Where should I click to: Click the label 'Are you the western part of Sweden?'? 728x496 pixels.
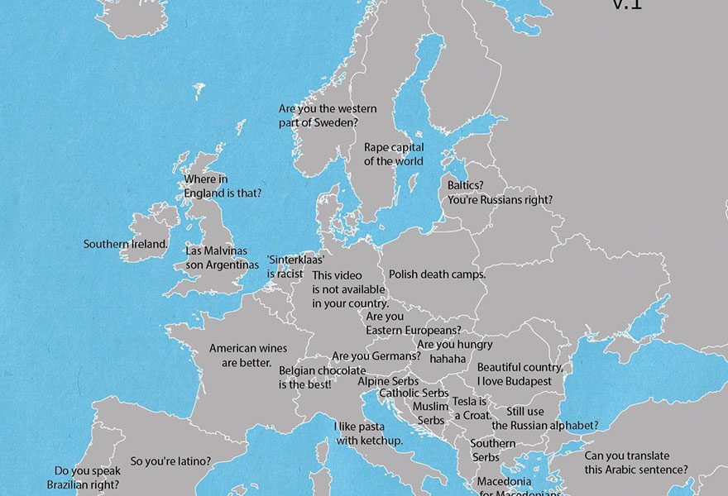[328, 116]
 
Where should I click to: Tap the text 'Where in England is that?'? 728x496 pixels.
[223, 186]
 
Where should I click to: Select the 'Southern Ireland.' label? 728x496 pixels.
[126, 244]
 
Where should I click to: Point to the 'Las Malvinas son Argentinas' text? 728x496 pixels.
[222, 257]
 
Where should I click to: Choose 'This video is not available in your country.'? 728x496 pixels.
[349, 289]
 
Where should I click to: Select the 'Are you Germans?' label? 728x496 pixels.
[376, 356]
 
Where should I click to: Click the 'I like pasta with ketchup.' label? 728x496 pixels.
[368, 433]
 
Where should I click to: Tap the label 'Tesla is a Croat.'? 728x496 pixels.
[472, 408]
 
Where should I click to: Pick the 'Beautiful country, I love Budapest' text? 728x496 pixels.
[520, 374]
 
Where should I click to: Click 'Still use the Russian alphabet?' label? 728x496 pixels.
[544, 418]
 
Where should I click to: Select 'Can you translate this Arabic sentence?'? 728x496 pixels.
[635, 463]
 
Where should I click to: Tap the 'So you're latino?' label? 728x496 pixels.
[170, 461]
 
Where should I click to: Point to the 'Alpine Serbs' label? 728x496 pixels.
[388, 381]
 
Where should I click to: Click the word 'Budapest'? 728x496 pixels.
[525, 381]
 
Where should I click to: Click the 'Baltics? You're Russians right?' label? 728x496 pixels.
[500, 193]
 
